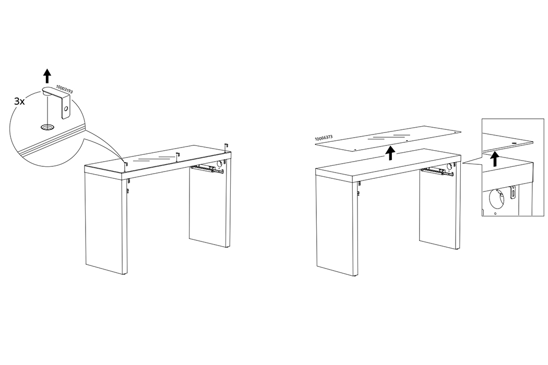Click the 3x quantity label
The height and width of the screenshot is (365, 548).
[x=19, y=102]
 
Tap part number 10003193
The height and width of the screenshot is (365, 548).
[x=64, y=89]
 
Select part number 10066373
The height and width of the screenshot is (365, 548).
[x=323, y=139]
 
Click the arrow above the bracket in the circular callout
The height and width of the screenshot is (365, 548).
[x=47, y=76]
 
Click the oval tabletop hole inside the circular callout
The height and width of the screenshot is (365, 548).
[x=46, y=127]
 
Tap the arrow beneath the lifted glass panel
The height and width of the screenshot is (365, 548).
[x=390, y=153]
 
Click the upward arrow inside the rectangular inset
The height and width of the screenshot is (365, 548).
[x=494, y=160]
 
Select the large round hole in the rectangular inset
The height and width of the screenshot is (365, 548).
[x=496, y=198]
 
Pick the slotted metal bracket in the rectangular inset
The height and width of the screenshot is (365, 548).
[x=513, y=193]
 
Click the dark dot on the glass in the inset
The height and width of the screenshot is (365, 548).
[x=515, y=143]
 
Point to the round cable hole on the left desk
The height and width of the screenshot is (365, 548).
[x=220, y=163]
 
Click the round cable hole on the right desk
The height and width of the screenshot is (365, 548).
[x=450, y=167]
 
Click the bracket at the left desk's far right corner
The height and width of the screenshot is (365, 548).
[x=227, y=148]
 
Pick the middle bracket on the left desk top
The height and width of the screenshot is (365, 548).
[x=177, y=157]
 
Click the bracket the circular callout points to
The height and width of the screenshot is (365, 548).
[x=125, y=166]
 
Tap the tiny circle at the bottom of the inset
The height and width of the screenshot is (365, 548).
[x=495, y=213]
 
